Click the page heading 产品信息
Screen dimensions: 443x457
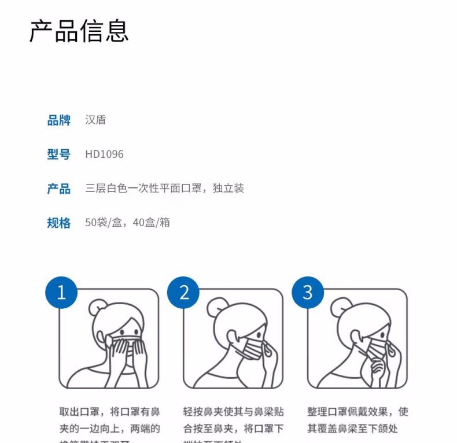[x=79, y=31]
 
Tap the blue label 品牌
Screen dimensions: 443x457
[x=58, y=120]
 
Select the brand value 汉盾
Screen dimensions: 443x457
[x=95, y=120]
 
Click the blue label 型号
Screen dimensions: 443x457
[x=58, y=154]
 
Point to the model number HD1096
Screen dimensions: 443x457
[x=104, y=154]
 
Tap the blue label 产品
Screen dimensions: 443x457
[x=58, y=189]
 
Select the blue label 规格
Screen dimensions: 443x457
[x=58, y=223]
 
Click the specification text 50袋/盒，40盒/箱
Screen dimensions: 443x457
[x=127, y=223]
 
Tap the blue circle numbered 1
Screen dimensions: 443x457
[x=61, y=293]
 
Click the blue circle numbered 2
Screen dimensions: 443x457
[x=184, y=293]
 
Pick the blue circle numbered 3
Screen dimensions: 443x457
[x=307, y=293]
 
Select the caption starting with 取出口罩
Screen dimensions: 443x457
[x=110, y=420]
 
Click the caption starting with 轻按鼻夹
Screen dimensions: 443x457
[x=233, y=420]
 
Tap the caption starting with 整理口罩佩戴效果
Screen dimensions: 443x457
[x=357, y=420]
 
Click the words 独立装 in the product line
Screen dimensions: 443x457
[x=231, y=189]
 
